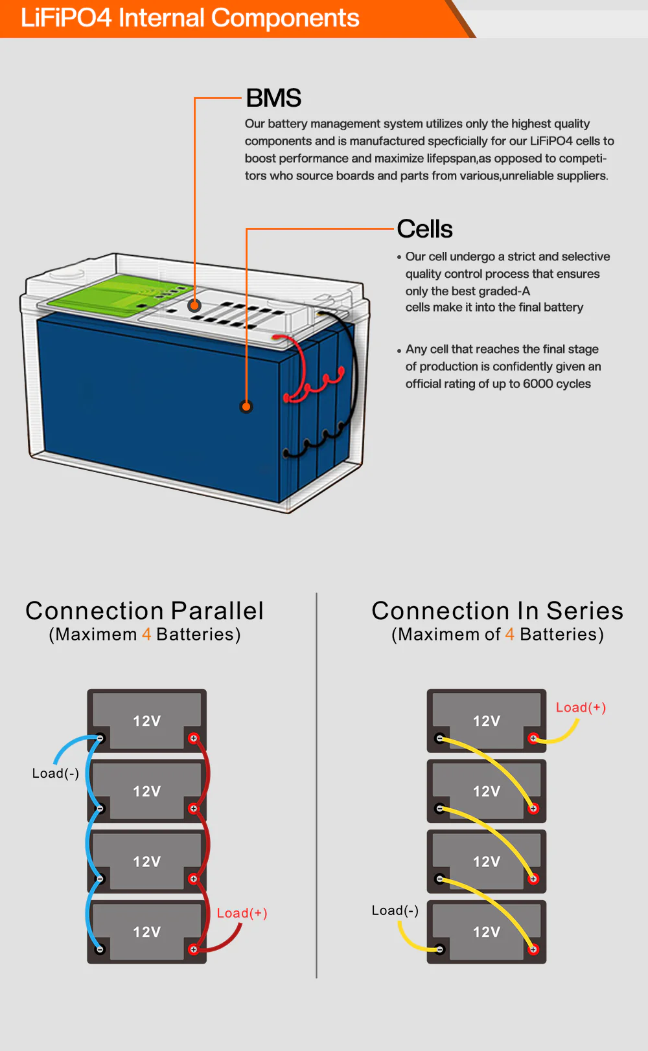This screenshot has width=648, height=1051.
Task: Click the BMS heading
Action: click(x=273, y=98)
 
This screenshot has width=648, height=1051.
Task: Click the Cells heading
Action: click(x=424, y=229)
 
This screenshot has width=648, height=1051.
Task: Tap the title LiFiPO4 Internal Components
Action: click(x=190, y=18)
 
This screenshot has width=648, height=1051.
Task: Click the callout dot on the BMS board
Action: click(x=194, y=306)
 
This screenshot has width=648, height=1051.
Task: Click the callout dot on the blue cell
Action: click(x=246, y=407)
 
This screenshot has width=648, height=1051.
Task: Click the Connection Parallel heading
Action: click(x=145, y=611)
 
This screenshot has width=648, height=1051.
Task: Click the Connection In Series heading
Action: click(x=497, y=611)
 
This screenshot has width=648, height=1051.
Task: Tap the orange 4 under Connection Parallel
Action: click(x=146, y=635)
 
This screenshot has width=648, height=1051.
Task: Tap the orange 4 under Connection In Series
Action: click(x=510, y=635)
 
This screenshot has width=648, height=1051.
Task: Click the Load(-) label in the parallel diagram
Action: click(x=56, y=773)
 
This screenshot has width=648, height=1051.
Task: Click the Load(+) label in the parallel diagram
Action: click(x=242, y=913)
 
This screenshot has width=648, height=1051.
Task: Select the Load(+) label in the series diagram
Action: click(x=581, y=708)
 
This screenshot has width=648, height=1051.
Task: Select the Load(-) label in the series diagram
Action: click(x=395, y=910)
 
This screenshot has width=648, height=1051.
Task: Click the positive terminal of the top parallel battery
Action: click(x=193, y=738)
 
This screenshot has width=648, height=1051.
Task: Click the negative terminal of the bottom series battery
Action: click(x=440, y=949)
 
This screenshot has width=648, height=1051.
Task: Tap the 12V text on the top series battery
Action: click(x=487, y=721)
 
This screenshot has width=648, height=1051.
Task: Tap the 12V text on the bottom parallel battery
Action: click(x=147, y=932)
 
